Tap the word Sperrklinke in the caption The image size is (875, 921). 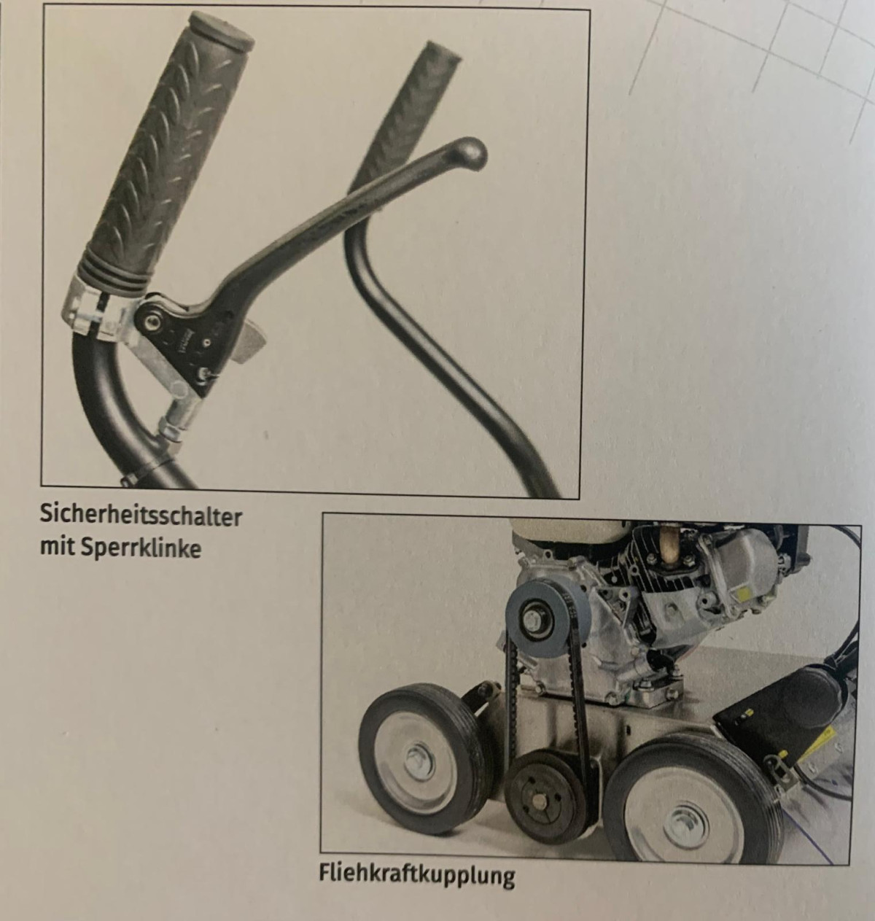click(141, 548)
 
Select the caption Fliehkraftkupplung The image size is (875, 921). click(417, 874)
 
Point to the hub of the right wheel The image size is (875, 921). click(687, 826)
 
